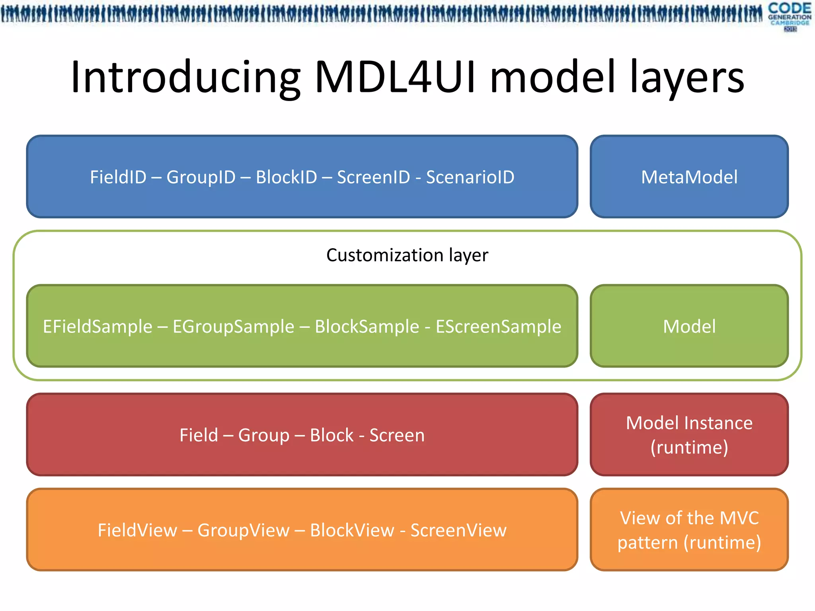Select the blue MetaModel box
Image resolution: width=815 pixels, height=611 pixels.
689,177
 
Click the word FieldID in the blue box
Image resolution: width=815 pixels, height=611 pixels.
118,177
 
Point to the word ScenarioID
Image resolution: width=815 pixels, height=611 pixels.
470,177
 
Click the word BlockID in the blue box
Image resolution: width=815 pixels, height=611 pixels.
286,177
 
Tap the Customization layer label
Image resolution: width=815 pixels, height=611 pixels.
407,255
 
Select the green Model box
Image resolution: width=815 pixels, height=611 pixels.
689,326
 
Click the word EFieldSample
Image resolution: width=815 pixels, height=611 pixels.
97,327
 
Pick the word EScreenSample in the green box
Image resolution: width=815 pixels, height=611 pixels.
498,327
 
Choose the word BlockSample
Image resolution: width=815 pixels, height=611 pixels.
367,327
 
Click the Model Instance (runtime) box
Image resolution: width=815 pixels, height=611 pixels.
689,435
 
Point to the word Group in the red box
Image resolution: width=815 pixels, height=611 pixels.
263,435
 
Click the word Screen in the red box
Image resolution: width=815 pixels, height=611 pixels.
397,435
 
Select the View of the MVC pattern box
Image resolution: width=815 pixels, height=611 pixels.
689,530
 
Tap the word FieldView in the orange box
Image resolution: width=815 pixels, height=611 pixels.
137,530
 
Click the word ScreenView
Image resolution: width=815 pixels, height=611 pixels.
458,530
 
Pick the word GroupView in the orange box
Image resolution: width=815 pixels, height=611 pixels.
243,530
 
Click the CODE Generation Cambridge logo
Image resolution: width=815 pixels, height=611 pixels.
790,16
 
